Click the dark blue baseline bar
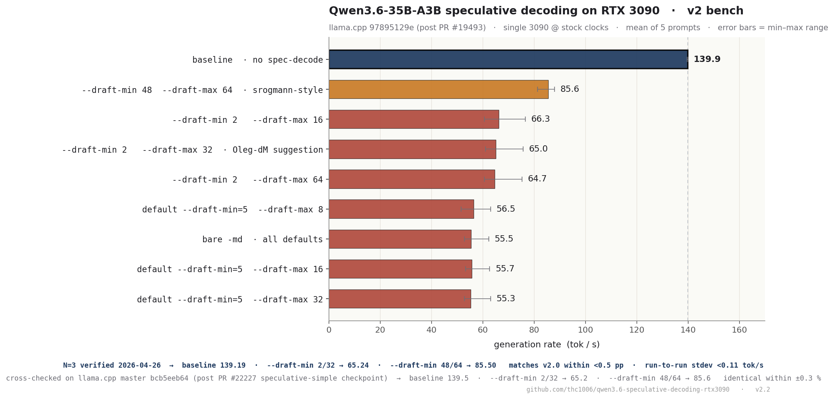[508, 59]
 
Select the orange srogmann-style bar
[438, 89]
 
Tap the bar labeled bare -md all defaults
[400, 239]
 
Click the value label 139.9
[707, 59]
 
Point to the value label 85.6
[569, 89]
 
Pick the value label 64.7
[537, 179]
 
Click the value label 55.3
[505, 299]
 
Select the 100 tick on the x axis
[585, 330]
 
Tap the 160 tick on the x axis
[739, 330]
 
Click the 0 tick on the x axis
[329, 330]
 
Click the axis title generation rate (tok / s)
[546, 345]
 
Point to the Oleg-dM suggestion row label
[278, 150]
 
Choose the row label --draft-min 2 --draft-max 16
[247, 120]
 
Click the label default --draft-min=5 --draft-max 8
[232, 209]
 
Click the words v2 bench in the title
[715, 11]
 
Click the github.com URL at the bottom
[628, 389]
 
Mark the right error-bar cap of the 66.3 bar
[525, 119]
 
